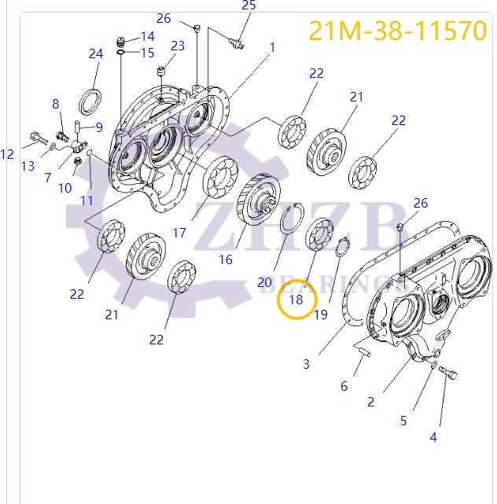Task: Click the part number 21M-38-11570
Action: tap(397, 30)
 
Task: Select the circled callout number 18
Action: tap(296, 300)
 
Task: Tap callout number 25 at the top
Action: tap(248, 6)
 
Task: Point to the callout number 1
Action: tap(272, 47)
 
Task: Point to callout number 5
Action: tap(403, 420)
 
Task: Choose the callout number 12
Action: tap(7, 154)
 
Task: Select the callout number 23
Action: tap(178, 46)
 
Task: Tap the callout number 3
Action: tap(307, 363)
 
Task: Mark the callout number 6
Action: tap(344, 386)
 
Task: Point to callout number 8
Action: tap(56, 104)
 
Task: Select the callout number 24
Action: tap(96, 53)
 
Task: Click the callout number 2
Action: tap(370, 401)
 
